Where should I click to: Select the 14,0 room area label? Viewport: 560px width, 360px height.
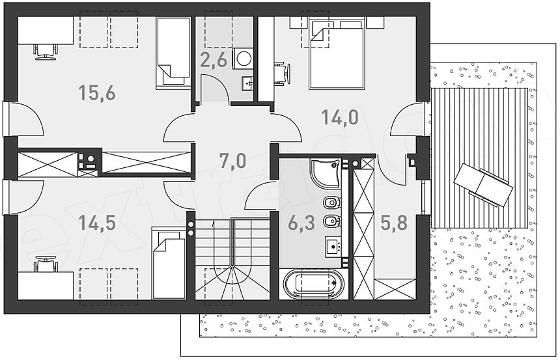339,117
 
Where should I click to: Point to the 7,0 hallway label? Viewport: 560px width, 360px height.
232,159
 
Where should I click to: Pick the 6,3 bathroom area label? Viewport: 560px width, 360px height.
301,223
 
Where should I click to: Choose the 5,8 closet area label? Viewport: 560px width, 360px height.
393,223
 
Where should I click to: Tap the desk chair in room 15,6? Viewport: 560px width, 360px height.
44,48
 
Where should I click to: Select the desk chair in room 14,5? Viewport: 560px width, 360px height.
44,264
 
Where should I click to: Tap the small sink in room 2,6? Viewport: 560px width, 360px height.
247,82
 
